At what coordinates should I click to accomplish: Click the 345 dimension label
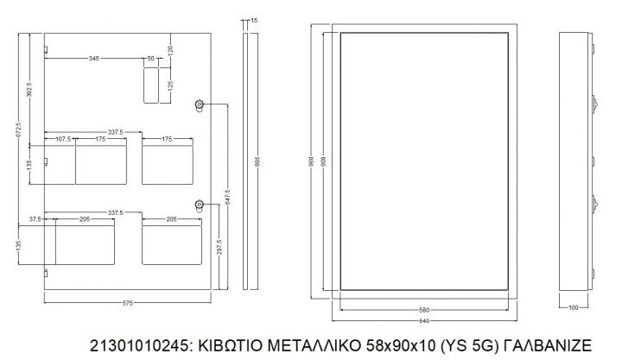(x=93, y=58)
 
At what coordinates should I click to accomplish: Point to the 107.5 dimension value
(x=63, y=138)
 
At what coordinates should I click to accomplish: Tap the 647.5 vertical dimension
(x=227, y=198)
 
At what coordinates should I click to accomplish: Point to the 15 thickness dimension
(x=253, y=20)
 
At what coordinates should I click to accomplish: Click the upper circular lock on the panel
(x=200, y=105)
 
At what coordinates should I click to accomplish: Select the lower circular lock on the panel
(x=200, y=205)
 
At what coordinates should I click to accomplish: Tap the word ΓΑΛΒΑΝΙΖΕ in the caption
(x=545, y=345)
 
